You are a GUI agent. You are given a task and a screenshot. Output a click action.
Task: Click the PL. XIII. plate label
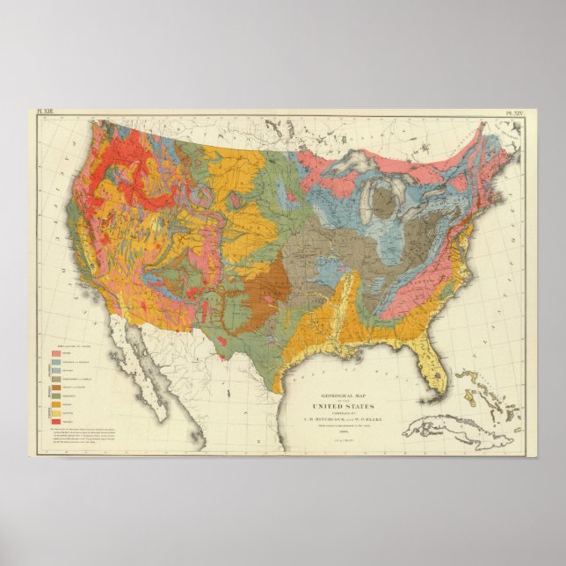pyautogui.click(x=44, y=113)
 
